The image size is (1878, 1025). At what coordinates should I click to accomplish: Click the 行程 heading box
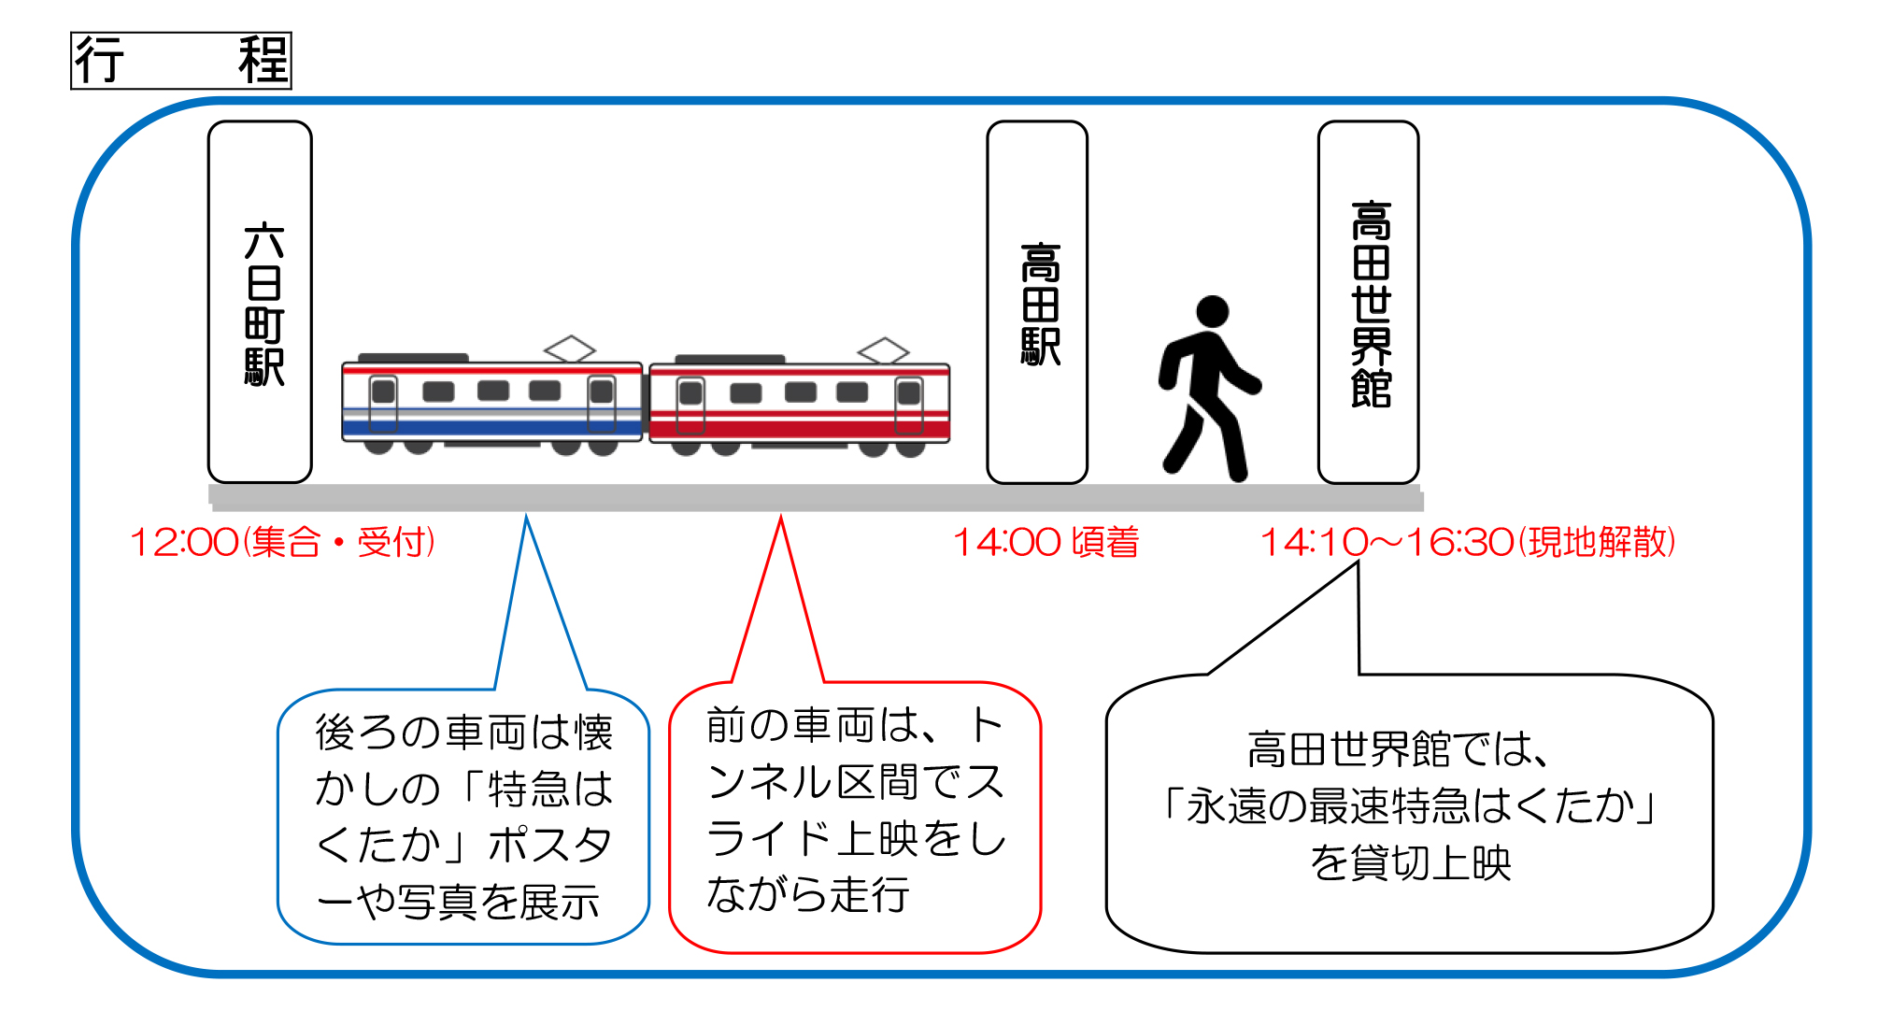tap(181, 61)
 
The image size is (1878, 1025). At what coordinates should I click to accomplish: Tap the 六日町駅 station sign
tap(260, 302)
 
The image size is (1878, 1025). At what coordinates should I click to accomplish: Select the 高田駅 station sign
tap(1037, 302)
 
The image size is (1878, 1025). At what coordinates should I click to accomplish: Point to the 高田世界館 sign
tap(1368, 302)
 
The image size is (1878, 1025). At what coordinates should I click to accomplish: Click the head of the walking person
tap(1212, 311)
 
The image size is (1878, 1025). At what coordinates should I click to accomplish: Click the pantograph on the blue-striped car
tap(570, 349)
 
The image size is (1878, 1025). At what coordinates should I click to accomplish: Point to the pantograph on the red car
tap(884, 350)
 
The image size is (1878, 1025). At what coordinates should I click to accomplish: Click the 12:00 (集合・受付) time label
tap(282, 542)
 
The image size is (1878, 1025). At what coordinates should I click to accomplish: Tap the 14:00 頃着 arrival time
tap(1046, 542)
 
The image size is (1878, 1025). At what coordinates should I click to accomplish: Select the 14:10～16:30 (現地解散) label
tap(1468, 542)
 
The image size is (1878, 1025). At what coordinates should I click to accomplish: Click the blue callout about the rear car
tap(463, 816)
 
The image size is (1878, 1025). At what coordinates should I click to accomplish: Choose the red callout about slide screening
tap(855, 816)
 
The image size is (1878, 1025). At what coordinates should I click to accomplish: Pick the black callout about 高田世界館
tap(1409, 811)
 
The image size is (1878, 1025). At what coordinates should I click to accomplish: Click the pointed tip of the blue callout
tap(527, 515)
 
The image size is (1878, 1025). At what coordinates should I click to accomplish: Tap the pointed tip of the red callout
tap(781, 515)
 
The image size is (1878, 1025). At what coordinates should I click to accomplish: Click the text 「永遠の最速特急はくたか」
tap(1409, 805)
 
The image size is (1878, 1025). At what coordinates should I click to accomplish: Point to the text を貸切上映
tap(1411, 862)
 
